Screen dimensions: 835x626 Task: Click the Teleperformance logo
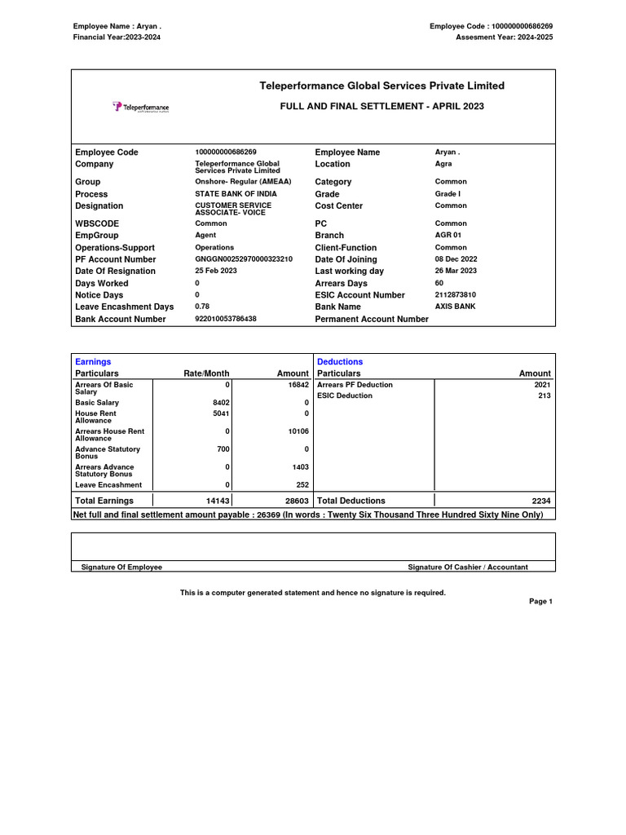(141, 107)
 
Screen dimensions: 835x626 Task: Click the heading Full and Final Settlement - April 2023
(381, 107)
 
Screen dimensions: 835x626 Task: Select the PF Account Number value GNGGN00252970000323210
(243, 258)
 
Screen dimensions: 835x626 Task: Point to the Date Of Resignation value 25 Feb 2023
(216, 271)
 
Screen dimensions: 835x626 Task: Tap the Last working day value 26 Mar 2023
(456, 271)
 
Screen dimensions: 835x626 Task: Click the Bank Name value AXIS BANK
(455, 307)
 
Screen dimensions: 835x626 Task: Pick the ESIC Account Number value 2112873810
(455, 294)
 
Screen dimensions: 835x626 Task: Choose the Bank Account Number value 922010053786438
(226, 319)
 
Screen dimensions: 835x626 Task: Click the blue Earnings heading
(93, 361)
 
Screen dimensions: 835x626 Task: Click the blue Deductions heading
(340, 361)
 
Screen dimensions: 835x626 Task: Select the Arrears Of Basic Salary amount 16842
(298, 385)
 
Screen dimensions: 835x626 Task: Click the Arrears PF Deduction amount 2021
(542, 385)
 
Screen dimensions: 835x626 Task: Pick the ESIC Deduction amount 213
(544, 395)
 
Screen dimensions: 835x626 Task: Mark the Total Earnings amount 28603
(296, 501)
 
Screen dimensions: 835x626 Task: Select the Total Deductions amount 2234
(541, 501)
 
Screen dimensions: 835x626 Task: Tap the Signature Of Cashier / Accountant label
(467, 567)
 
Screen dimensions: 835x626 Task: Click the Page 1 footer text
(540, 601)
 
